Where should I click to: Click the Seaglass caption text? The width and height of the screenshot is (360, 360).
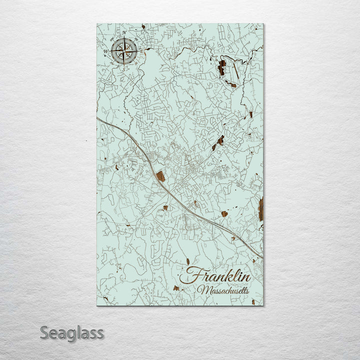(72, 332)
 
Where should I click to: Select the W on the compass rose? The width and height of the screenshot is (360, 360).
(105, 51)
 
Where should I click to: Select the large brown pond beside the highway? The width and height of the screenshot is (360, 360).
(160, 176)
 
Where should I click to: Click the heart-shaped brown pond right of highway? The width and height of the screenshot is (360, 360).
(224, 213)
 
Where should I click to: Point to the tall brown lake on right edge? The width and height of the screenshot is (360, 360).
(260, 208)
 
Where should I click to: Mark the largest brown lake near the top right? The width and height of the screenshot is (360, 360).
(221, 67)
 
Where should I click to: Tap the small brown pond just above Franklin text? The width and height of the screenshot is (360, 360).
(188, 261)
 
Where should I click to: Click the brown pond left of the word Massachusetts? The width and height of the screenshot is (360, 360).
(176, 288)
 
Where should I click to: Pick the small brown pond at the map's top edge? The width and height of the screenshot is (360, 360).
(143, 26)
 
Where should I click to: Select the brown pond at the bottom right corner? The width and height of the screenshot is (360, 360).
(253, 301)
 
